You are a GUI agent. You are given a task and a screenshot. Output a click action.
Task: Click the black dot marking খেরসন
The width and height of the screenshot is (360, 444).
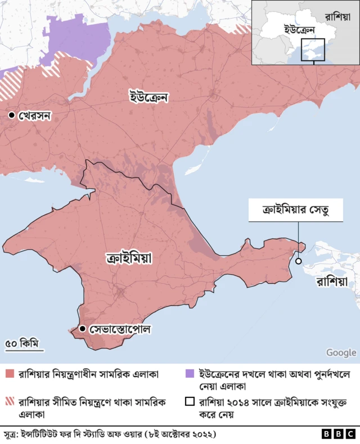11,115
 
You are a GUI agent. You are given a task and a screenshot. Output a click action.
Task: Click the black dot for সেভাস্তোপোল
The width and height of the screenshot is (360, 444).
83,328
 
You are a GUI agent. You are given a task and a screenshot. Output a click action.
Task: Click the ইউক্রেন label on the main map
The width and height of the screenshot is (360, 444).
148,97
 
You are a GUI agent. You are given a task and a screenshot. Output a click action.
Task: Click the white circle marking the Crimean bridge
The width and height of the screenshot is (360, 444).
298,261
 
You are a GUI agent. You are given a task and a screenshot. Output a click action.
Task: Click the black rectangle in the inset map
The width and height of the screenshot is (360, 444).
313,49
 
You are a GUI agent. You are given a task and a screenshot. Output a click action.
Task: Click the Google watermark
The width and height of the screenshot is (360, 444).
341,352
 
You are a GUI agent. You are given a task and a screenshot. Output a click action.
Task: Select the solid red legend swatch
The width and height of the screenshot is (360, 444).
10,374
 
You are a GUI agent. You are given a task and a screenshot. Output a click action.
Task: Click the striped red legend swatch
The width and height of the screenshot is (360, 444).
10,402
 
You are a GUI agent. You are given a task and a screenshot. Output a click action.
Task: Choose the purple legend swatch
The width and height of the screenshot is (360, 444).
190,374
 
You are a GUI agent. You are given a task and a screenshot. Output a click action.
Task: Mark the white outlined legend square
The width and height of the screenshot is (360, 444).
190,402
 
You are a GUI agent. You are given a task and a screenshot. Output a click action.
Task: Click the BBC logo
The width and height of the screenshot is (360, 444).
337,434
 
